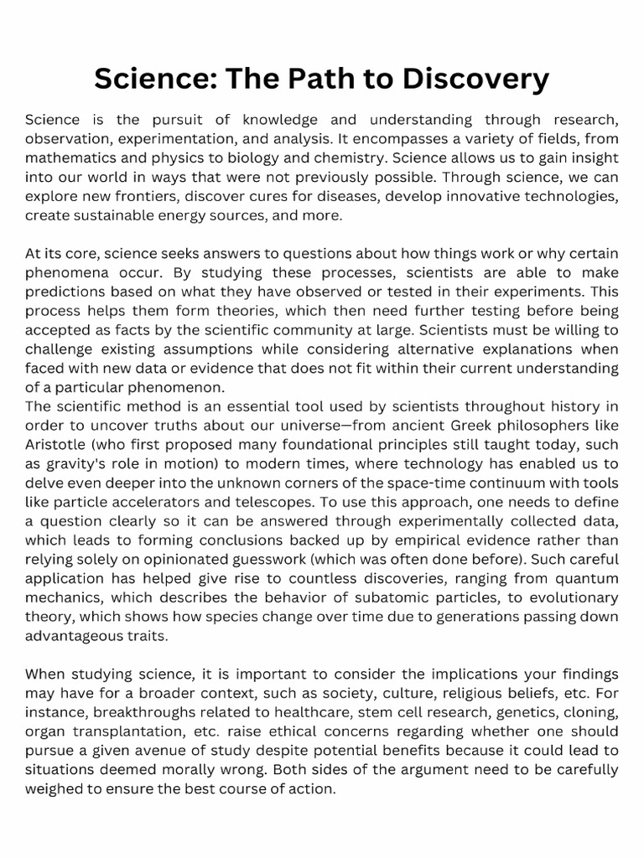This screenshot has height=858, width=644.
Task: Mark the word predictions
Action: click(x=68, y=292)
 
